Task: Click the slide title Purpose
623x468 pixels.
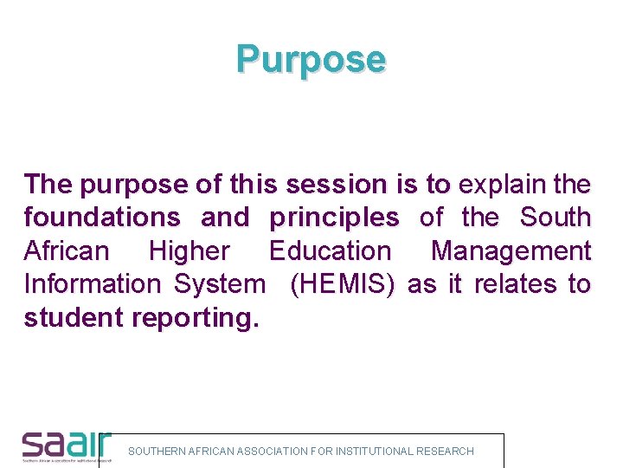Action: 311,59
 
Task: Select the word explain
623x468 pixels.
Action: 503,185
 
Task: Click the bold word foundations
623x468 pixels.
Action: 102,218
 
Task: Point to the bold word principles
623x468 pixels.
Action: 334,218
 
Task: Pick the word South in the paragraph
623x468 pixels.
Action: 556,218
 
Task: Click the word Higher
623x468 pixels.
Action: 189,251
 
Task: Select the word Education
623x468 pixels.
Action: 330,251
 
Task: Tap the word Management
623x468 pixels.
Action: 511,251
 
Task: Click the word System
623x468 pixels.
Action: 221,284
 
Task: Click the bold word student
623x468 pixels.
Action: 74,318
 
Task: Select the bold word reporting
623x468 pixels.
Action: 195,318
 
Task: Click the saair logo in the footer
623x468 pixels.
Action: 66,445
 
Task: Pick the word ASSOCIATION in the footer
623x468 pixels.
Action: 273,452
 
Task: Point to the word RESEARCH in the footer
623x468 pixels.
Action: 446,452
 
